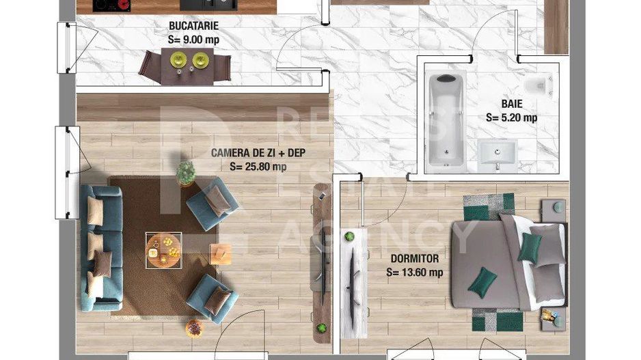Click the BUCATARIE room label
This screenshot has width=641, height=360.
click(194, 27)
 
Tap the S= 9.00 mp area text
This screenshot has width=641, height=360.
click(193, 40)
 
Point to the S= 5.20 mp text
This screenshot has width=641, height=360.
click(511, 117)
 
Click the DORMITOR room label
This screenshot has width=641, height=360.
click(415, 259)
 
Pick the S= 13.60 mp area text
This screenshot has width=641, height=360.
click(415, 272)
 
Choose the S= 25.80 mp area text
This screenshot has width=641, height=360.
click(258, 166)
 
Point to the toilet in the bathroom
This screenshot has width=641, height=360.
click(540, 86)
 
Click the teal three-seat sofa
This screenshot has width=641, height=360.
click(101, 247)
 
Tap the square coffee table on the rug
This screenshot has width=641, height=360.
click(163, 249)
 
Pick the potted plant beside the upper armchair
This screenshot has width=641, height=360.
click(186, 174)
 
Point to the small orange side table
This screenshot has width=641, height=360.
click(220, 254)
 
